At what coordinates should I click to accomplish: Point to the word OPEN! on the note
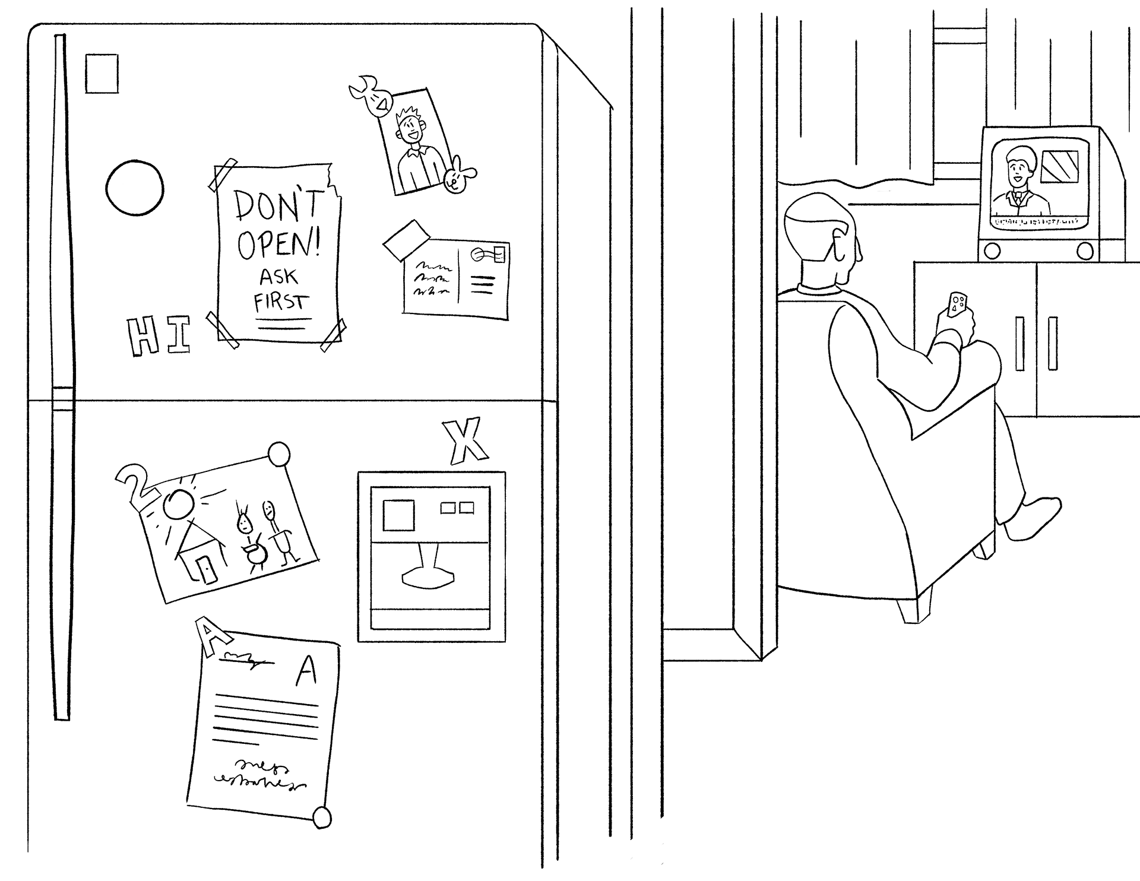tap(278, 243)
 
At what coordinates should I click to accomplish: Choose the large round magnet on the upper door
tap(135, 188)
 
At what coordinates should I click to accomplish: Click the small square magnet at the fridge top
tap(102, 74)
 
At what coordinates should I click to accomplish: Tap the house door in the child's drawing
tap(208, 571)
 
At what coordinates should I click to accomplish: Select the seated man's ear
tap(840, 243)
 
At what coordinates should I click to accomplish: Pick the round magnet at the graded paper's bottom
tap(322, 817)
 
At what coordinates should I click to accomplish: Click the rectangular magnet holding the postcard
tap(407, 239)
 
